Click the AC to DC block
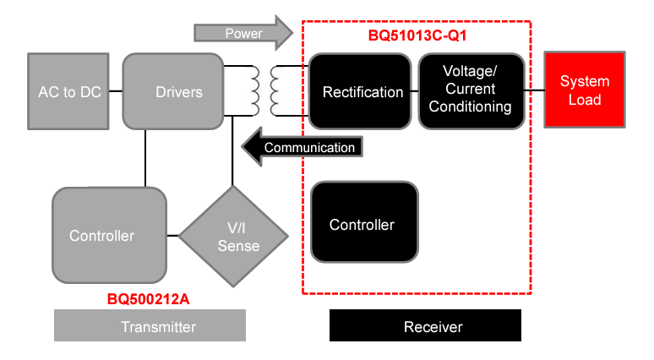click(69, 91)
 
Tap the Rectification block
click(362, 91)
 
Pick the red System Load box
click(584, 90)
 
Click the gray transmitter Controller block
click(108, 235)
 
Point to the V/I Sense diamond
click(232, 236)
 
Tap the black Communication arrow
click(305, 147)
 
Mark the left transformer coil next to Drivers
click(252, 90)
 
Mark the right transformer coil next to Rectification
click(276, 90)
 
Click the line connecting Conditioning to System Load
click(533, 90)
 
